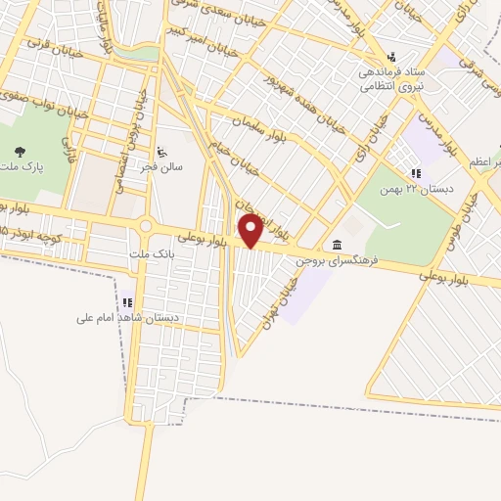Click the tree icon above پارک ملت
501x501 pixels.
pyautogui.click(x=21, y=152)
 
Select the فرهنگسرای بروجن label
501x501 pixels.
pyautogui.click(x=338, y=258)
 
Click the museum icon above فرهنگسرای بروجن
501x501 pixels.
pyautogui.click(x=337, y=244)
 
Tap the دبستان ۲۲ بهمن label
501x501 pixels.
pyautogui.click(x=422, y=189)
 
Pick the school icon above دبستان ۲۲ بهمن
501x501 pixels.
pyautogui.click(x=416, y=174)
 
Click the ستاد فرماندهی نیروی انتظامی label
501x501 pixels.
pyautogui.click(x=393, y=77)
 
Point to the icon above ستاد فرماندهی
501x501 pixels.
pyautogui.click(x=391, y=56)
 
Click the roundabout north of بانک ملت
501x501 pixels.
pyautogui.click(x=145, y=226)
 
